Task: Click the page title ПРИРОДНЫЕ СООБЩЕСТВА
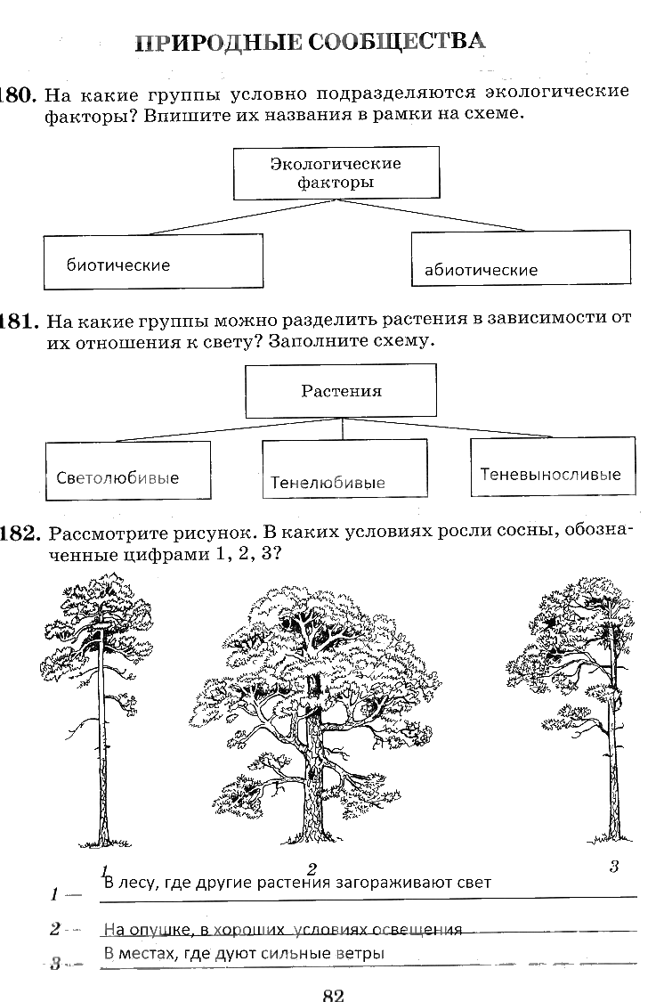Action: click(x=311, y=42)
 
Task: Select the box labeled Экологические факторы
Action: click(x=336, y=174)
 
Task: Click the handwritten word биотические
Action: click(x=118, y=265)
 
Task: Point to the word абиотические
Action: click(x=481, y=270)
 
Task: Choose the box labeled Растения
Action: click(x=341, y=391)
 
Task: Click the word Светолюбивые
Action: click(x=117, y=477)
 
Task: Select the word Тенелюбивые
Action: click(x=328, y=483)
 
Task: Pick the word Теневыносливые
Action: click(x=550, y=475)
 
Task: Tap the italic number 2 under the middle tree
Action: click(x=312, y=868)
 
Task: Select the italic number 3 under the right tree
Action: click(x=613, y=866)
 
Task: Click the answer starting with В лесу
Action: click(x=297, y=883)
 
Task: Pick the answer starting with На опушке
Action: click(x=282, y=930)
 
